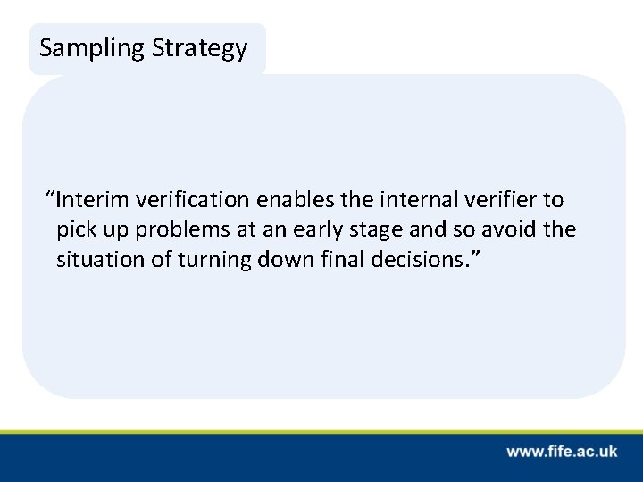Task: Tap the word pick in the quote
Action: point(74,230)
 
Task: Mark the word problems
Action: point(172,230)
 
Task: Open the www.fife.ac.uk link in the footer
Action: point(563,453)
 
